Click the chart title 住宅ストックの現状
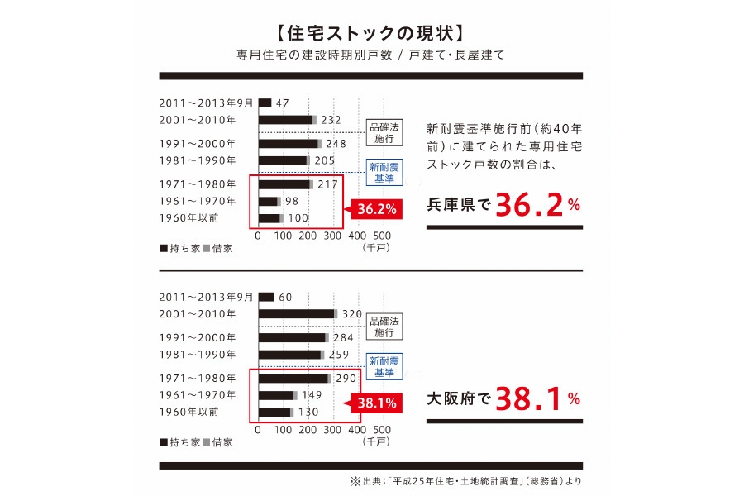click(x=371, y=34)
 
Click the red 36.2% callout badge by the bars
click(x=377, y=210)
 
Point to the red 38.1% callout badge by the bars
click(x=377, y=403)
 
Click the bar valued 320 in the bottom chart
click(x=297, y=314)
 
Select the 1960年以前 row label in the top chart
click(x=189, y=218)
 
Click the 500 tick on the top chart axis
click(x=382, y=236)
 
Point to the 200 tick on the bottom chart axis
click(x=308, y=430)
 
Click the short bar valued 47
click(x=265, y=103)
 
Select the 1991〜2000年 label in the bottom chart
click(x=198, y=337)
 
